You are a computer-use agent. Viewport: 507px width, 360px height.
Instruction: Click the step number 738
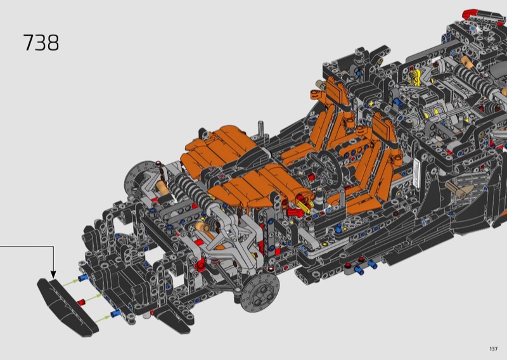click(41, 42)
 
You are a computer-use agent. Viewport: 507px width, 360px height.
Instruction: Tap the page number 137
click(494, 349)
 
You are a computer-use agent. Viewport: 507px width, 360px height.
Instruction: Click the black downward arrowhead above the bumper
click(53, 274)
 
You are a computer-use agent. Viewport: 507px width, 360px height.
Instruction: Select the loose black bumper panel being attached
click(67, 307)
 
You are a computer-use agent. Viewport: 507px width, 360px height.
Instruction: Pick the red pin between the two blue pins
click(81, 302)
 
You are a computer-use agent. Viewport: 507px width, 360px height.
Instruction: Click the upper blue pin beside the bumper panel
click(83, 278)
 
